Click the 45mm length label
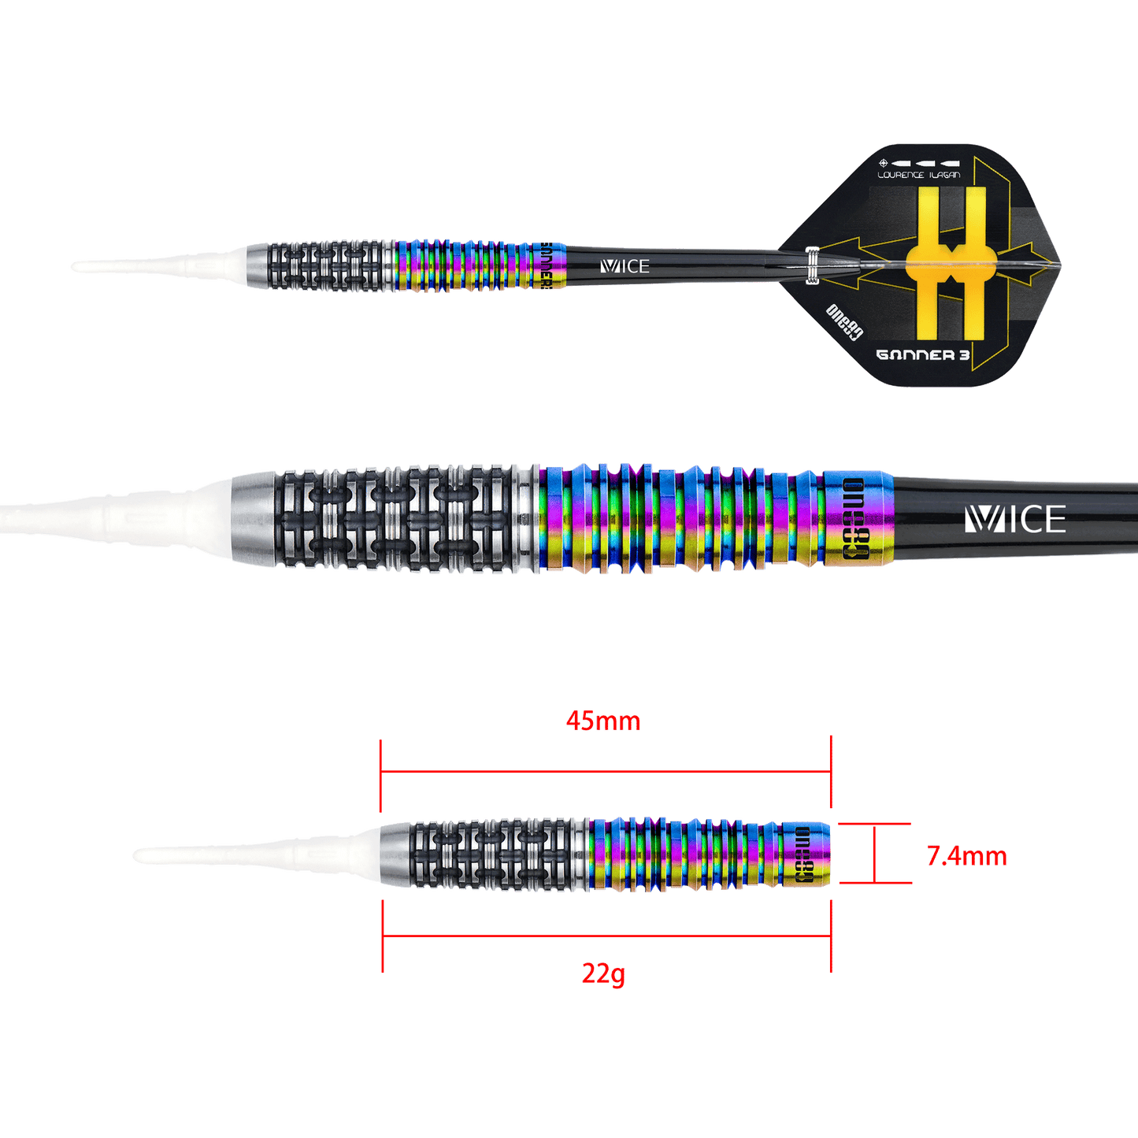[602, 721]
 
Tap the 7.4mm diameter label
[966, 856]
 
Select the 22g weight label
[604, 974]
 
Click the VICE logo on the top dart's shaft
[625, 267]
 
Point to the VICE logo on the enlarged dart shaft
[1014, 520]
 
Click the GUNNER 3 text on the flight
[922, 354]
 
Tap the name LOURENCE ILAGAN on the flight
[919, 174]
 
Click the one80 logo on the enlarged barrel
[853, 519]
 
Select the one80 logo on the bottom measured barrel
[803, 855]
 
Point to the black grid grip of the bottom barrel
[488, 855]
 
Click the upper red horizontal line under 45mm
[606, 771]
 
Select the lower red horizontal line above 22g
[606, 937]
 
